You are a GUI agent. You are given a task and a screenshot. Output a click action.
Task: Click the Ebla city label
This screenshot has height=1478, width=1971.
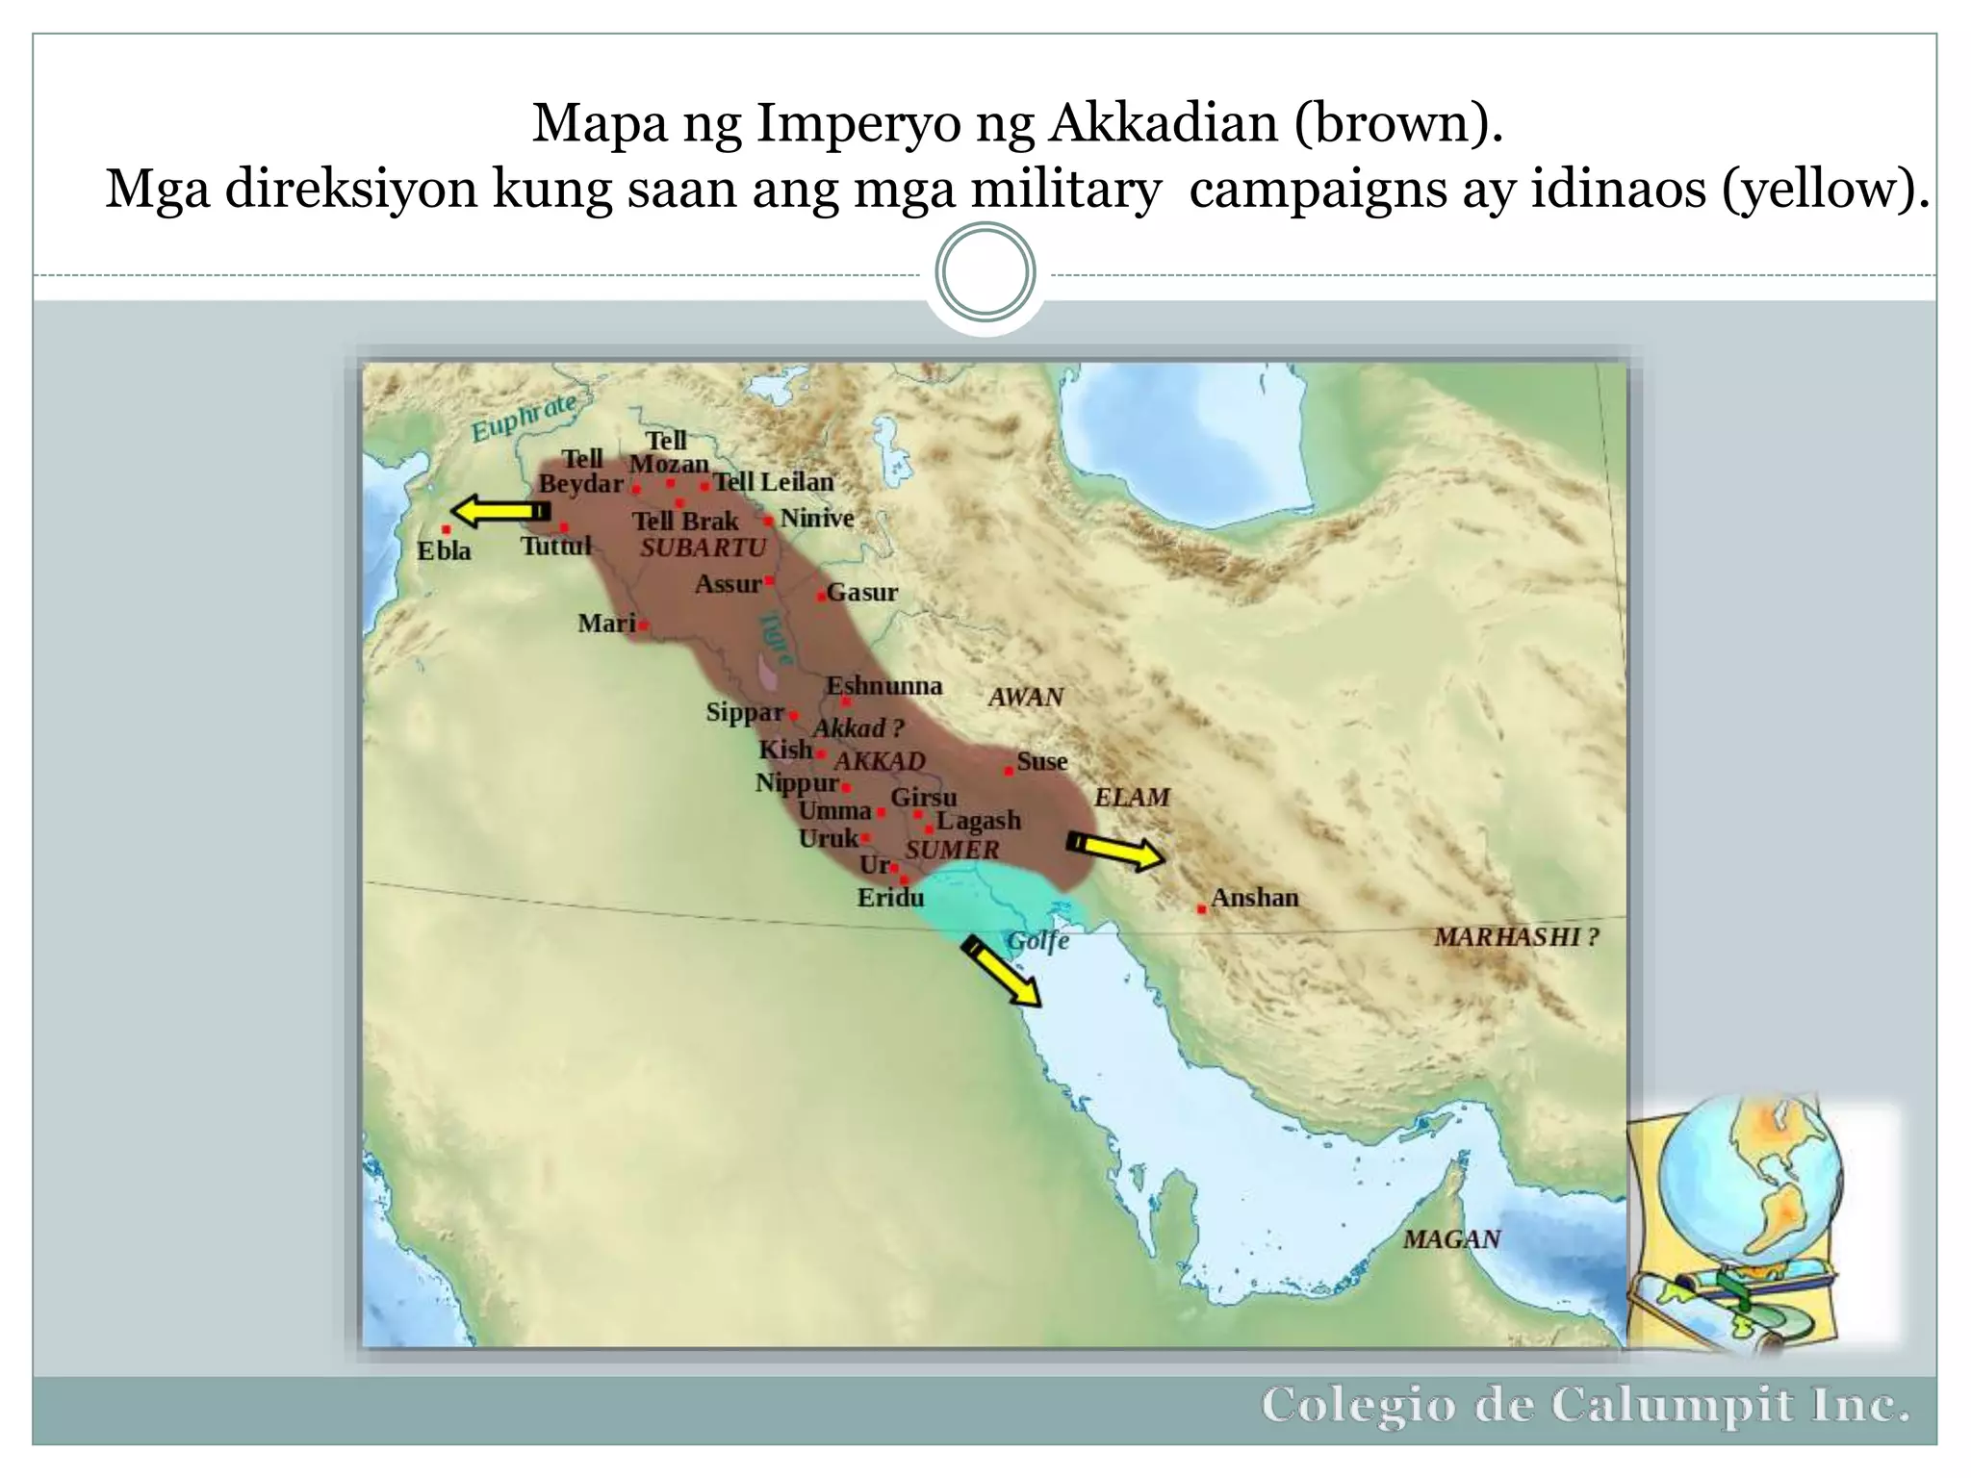click(x=444, y=551)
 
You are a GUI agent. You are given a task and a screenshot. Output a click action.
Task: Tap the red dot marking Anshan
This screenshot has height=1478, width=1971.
click(x=1202, y=908)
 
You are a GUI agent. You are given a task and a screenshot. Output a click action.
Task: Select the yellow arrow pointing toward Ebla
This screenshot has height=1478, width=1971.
click(x=499, y=511)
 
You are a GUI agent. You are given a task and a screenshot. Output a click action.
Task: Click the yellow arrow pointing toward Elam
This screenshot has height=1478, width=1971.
click(x=1116, y=851)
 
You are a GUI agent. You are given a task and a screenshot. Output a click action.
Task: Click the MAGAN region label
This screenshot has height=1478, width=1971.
click(x=1451, y=1239)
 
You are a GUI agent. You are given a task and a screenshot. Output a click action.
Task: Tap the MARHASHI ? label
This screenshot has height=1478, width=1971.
click(x=1516, y=936)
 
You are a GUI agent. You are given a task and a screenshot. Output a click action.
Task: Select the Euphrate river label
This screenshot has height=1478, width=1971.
click(x=524, y=417)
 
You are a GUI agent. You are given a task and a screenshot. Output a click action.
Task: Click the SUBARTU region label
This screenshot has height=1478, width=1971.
click(x=704, y=548)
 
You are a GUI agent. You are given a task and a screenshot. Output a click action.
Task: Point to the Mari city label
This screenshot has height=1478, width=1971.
click(x=606, y=624)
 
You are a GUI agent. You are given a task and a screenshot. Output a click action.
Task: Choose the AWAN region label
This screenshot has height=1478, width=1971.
click(x=1026, y=697)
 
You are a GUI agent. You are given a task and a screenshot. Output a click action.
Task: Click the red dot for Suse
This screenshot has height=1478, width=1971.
click(x=1008, y=771)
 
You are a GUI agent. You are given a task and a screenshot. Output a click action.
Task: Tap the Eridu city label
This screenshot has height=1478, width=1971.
click(x=890, y=898)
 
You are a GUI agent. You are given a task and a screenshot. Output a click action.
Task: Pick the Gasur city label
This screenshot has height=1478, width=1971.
click(x=862, y=593)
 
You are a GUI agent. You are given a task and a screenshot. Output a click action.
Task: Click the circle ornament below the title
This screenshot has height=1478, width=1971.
click(x=985, y=272)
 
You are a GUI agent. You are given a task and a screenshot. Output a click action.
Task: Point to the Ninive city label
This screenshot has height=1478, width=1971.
click(x=817, y=519)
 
